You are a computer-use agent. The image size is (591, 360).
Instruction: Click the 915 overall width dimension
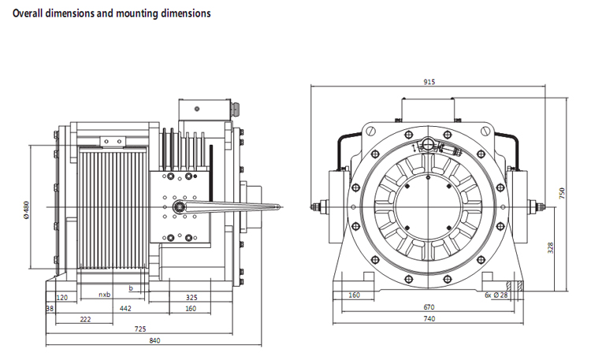click(429, 82)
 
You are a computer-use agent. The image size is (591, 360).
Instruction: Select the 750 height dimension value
click(562, 193)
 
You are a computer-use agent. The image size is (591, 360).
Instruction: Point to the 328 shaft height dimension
click(550, 247)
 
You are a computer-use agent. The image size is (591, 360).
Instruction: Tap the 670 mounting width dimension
click(429, 307)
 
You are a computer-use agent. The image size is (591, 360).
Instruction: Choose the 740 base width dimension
click(429, 319)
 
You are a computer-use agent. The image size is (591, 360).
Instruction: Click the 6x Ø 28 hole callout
click(496, 295)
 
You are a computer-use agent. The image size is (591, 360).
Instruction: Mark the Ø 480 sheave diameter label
click(26, 210)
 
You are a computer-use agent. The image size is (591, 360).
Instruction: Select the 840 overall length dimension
click(154, 341)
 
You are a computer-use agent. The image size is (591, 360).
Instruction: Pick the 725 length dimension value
click(140, 329)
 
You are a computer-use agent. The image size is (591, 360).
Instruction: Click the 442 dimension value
click(125, 309)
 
